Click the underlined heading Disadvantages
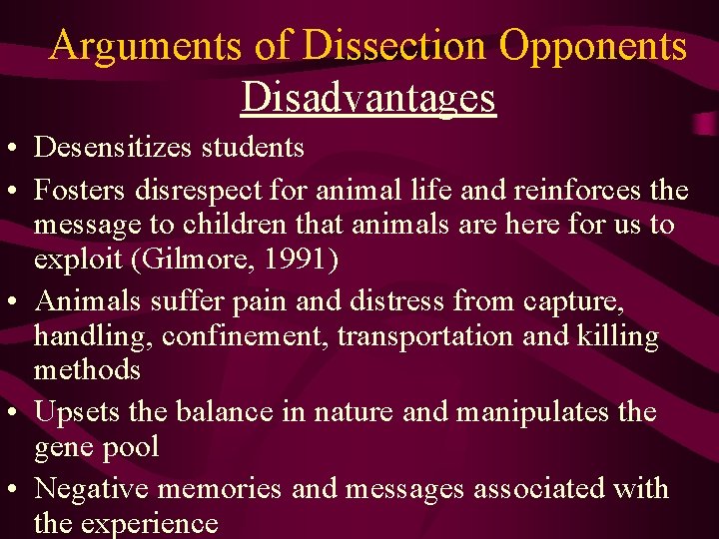pyautogui.click(x=368, y=97)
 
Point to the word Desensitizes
pyautogui.click(x=114, y=148)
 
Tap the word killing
pyautogui.click(x=618, y=336)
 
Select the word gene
pyautogui.click(x=65, y=448)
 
